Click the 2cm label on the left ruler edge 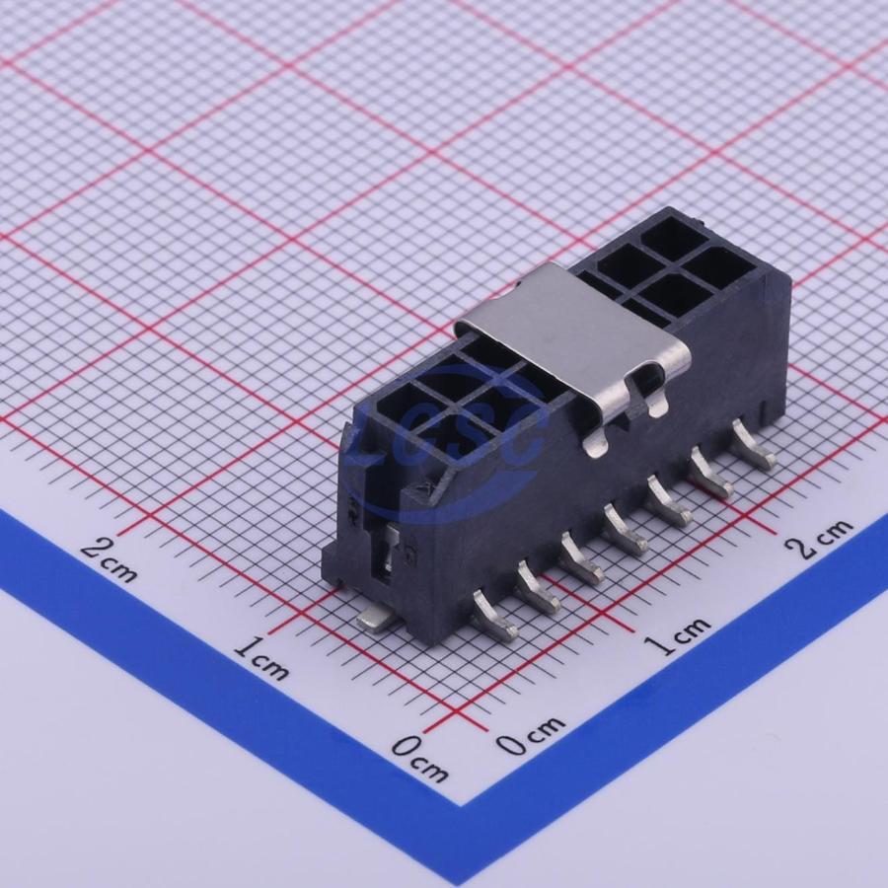[109, 559]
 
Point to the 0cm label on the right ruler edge [531, 734]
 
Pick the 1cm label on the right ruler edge [677, 635]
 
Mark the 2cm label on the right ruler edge [818, 538]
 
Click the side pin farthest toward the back [753, 445]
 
